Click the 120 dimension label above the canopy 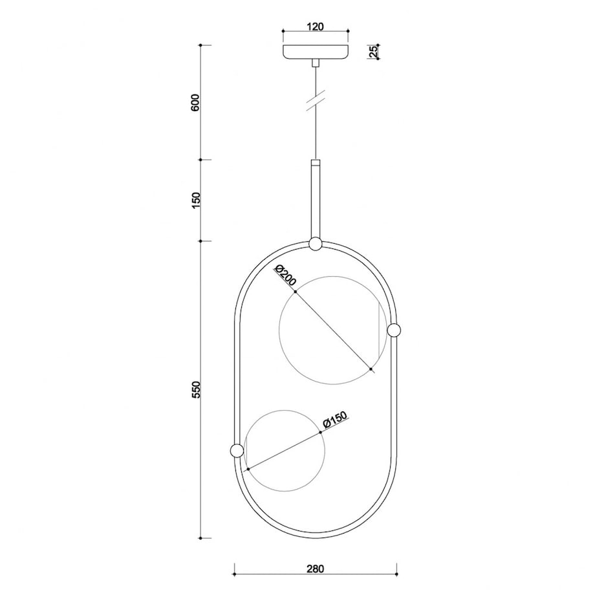click(315, 27)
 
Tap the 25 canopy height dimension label click(373, 52)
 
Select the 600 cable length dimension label click(195, 103)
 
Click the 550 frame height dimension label click(195, 390)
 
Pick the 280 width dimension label click(315, 569)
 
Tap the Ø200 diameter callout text click(285, 276)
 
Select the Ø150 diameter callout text click(335, 420)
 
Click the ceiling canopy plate click(315, 52)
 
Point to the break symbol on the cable click(315, 102)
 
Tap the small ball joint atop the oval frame click(315, 244)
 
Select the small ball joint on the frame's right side click(394, 330)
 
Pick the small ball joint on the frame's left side click(236, 450)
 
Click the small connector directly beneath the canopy click(315, 63)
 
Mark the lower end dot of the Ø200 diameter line click(371, 369)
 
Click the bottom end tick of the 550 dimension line click(201, 537)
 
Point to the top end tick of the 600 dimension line click(201, 45)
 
